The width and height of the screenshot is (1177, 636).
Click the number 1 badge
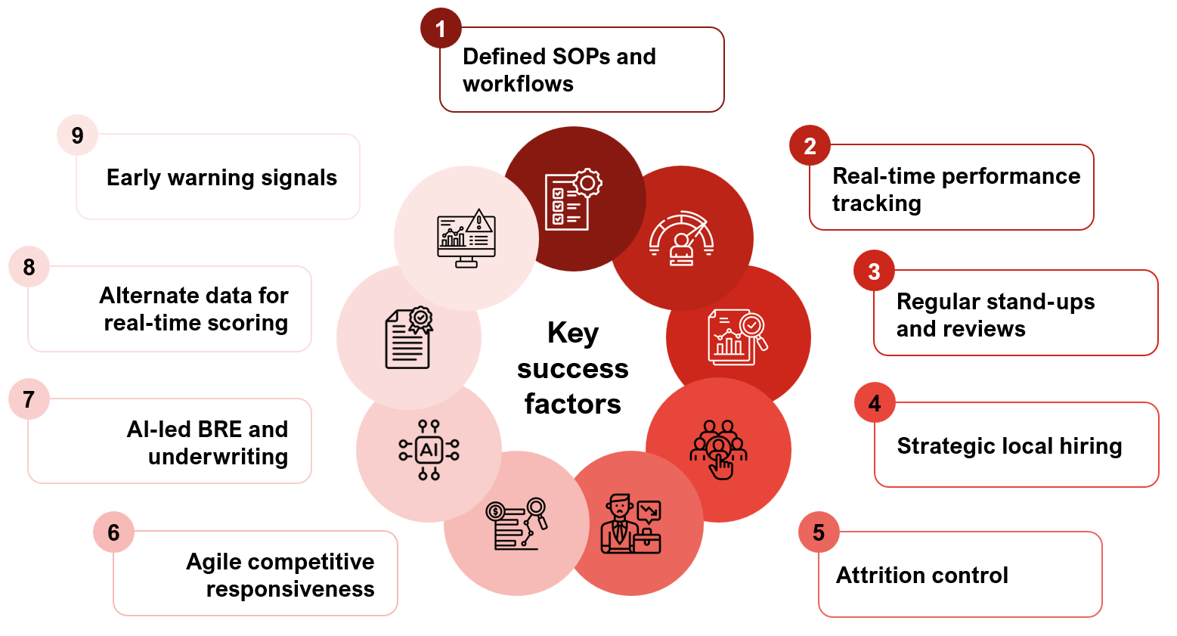click(x=441, y=29)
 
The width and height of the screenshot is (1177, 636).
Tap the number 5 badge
click(x=819, y=532)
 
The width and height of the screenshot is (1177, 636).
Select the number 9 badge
click(x=77, y=135)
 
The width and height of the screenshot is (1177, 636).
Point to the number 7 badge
click(x=29, y=399)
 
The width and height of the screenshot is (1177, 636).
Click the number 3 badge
click(x=874, y=271)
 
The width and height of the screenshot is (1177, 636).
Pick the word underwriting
click(x=218, y=457)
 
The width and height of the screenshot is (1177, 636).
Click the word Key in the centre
click(x=573, y=334)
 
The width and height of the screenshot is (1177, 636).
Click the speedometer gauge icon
click(x=681, y=238)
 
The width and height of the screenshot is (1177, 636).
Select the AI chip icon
click(x=429, y=450)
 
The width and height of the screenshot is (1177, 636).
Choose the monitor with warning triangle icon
click(x=466, y=238)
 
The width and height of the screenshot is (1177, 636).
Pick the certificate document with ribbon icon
click(x=409, y=338)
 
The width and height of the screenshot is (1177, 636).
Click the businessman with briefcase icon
click(x=630, y=523)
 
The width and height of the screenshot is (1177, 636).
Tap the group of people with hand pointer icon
click(x=718, y=450)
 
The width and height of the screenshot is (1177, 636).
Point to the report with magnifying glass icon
click(x=737, y=337)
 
